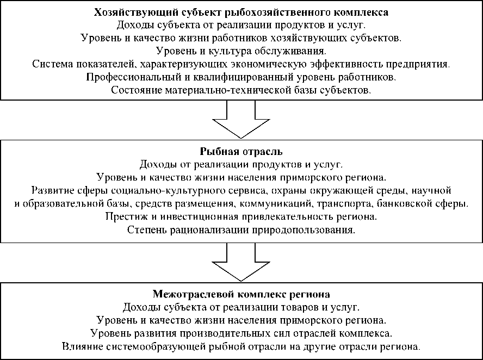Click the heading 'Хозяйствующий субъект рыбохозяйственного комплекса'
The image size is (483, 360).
point(241,12)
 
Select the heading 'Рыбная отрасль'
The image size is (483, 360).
point(241,151)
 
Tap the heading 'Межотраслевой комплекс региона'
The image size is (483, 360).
point(241,295)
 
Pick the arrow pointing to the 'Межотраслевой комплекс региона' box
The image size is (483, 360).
point(241,263)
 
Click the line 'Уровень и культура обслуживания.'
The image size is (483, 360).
point(241,51)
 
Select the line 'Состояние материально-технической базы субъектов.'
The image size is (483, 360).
point(241,90)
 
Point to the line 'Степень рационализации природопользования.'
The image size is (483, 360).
point(241,230)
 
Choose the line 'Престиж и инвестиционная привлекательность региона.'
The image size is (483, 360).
point(241,217)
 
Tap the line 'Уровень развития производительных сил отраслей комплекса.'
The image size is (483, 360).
point(241,333)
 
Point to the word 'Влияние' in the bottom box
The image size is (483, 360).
point(79,346)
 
